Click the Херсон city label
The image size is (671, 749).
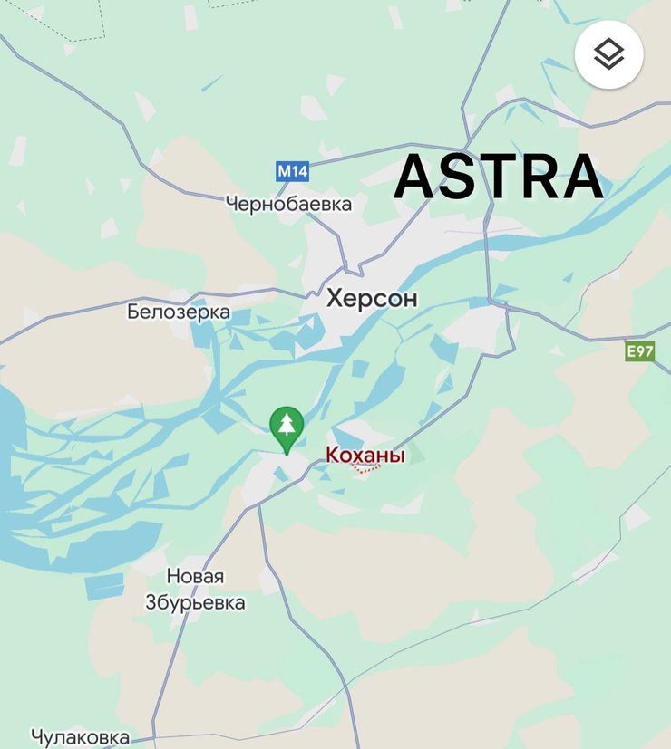[372, 299]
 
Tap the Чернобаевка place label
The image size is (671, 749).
[288, 204]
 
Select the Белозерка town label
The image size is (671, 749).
[179, 313]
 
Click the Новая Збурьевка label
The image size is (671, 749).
[195, 590]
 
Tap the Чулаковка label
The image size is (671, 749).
[80, 737]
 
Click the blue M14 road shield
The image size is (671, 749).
[292, 170]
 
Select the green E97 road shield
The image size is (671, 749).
[639, 351]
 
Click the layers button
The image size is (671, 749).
[609, 54]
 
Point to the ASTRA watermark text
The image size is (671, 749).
[499, 178]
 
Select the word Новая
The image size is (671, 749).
[195, 577]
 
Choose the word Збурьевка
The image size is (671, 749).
[195, 603]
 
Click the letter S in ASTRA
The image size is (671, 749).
[460, 178]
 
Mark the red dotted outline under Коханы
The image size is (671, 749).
[367, 471]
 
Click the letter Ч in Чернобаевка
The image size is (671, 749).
[232, 204]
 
